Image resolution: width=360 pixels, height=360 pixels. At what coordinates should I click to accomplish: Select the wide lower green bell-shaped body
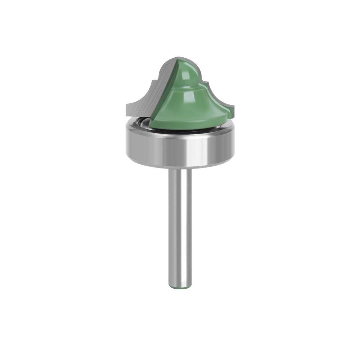[x=187, y=108]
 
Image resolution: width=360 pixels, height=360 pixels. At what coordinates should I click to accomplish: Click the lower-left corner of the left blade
[x=127, y=112]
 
